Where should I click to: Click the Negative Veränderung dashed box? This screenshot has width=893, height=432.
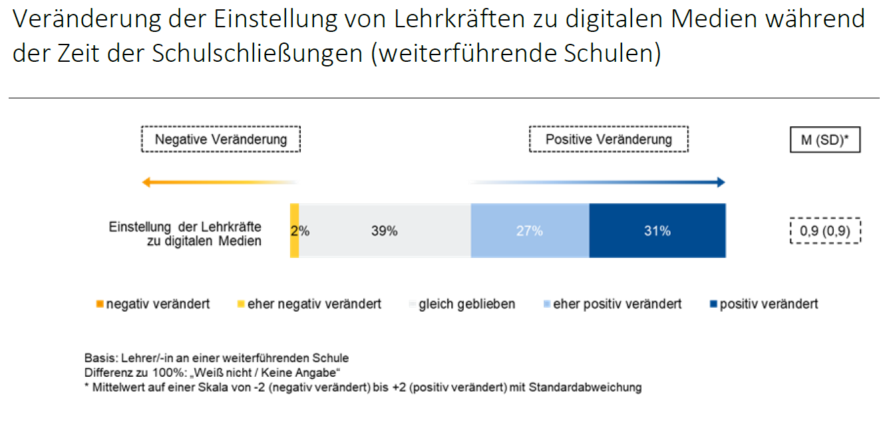tap(221, 140)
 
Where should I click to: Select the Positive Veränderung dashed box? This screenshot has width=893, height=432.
tap(608, 140)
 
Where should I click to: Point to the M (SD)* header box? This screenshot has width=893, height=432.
tap(825, 140)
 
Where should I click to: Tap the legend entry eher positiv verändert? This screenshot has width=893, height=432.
tap(614, 304)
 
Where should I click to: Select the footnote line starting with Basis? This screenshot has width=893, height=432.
tap(216, 358)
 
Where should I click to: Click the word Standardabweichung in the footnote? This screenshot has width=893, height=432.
tap(585, 387)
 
